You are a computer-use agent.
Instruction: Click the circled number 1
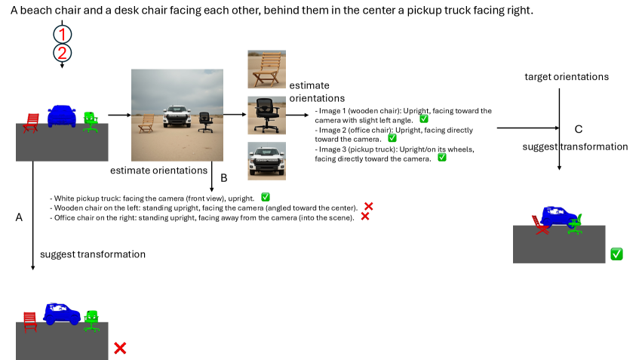click(x=63, y=34)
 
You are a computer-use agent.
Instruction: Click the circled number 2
click(x=63, y=53)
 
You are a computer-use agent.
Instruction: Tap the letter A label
click(x=19, y=217)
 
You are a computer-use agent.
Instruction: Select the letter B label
click(x=224, y=178)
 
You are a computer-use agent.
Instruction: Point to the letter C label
click(x=579, y=129)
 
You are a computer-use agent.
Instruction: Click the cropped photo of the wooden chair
click(x=266, y=69)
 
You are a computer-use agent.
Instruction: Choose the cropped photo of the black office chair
click(x=266, y=115)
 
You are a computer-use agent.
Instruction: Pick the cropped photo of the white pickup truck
click(x=266, y=161)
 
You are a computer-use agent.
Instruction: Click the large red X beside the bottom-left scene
click(x=120, y=348)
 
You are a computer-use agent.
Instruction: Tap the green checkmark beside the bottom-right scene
click(x=616, y=254)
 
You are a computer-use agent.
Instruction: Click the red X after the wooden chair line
click(x=368, y=206)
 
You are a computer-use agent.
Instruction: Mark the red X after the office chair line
click(x=364, y=216)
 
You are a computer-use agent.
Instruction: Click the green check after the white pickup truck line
click(x=266, y=197)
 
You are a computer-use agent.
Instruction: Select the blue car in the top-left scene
click(x=62, y=115)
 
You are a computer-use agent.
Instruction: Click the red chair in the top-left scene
click(x=31, y=123)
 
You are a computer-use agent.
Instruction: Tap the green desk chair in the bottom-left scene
click(x=92, y=321)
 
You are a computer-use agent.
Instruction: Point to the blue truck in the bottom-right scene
click(x=559, y=217)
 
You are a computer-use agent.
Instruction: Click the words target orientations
click(x=567, y=77)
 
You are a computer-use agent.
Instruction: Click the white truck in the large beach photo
click(x=177, y=116)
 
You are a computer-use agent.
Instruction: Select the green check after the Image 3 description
click(x=442, y=158)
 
